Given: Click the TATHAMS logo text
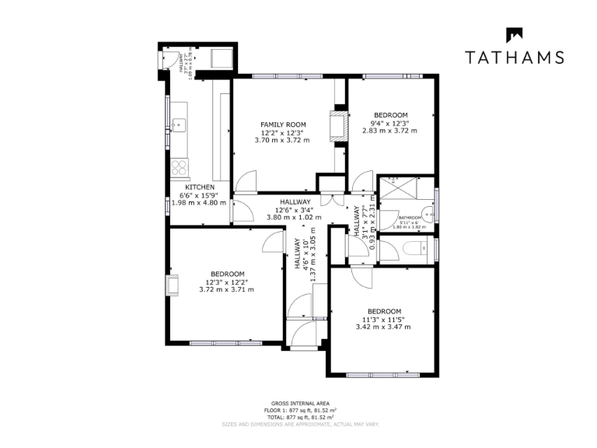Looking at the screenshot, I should [514, 57].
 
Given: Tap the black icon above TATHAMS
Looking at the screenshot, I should [514, 35].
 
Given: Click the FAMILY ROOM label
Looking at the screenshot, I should [283, 124].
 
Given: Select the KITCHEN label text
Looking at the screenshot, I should [200, 187].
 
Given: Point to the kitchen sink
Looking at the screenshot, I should [178, 124].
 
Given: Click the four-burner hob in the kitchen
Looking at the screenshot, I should [179, 167].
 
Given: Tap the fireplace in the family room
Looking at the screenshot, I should [339, 126].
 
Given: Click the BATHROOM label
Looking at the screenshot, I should [410, 218].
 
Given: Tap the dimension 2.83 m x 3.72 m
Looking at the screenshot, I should [389, 131].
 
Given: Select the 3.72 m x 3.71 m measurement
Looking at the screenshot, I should [226, 289].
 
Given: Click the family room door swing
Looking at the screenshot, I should [245, 183].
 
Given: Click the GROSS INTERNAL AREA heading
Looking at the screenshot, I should [298, 403].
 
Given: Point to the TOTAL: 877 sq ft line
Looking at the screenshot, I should [298, 418].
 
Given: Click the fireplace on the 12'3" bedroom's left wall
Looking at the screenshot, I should [173, 285].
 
